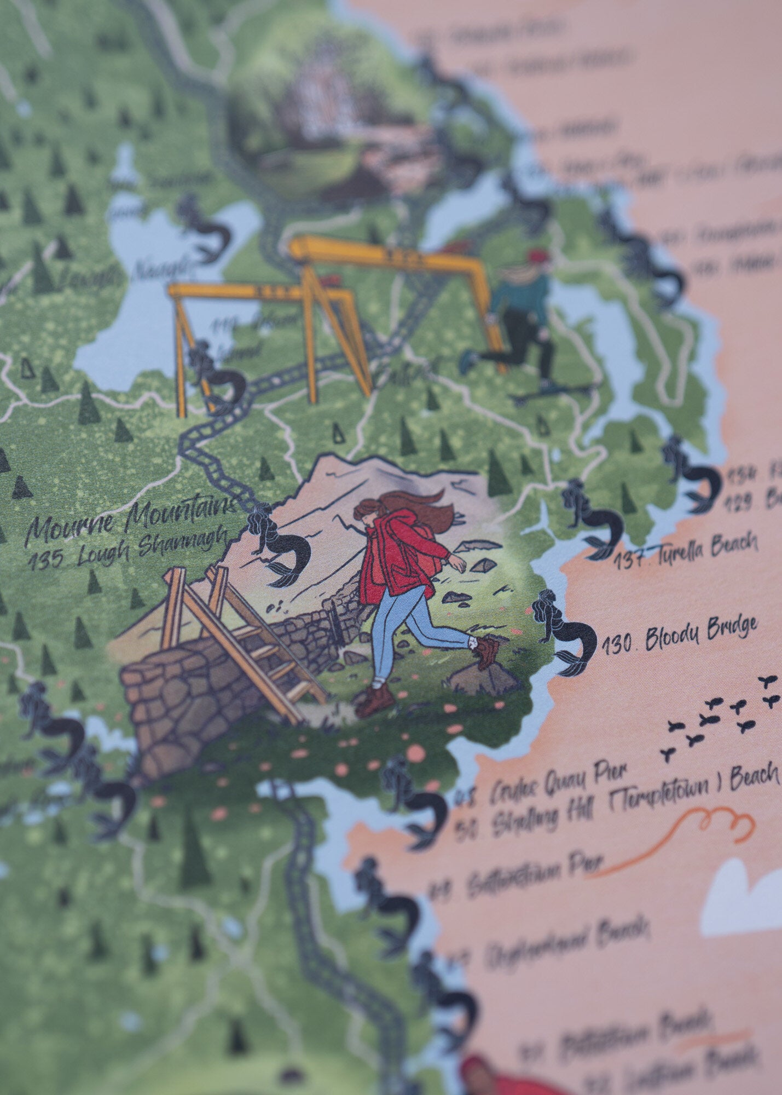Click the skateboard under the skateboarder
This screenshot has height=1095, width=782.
[553, 390]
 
